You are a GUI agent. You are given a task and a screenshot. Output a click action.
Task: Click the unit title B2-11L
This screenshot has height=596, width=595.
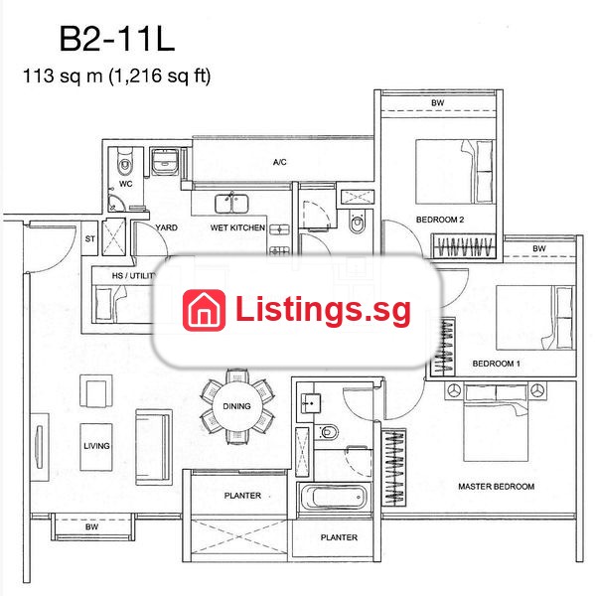tap(117, 39)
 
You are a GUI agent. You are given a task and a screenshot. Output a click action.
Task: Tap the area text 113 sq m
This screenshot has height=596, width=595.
tap(63, 75)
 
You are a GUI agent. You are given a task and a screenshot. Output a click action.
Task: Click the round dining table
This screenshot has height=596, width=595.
tap(236, 406)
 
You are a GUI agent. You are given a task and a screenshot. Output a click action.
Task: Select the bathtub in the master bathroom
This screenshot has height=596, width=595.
tap(334, 498)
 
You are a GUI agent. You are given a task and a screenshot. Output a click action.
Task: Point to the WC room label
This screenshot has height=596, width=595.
tap(126, 184)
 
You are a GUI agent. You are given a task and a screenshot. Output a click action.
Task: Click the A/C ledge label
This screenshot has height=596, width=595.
tap(280, 162)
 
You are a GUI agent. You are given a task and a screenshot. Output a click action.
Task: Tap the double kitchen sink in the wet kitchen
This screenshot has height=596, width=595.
tap(231, 204)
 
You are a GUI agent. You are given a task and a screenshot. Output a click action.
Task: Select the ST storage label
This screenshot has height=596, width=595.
tap(90, 238)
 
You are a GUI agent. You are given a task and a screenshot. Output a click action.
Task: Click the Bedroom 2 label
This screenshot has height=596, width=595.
tap(440, 220)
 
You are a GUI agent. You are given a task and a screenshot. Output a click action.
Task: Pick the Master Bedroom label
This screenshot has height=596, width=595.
tap(496, 486)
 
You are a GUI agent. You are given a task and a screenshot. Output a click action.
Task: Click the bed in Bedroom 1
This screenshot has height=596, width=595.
tap(534, 318)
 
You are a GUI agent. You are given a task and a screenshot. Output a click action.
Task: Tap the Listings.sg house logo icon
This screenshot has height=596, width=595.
tap(204, 310)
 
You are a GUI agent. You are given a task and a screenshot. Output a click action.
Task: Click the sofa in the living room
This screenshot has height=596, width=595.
tap(153, 447)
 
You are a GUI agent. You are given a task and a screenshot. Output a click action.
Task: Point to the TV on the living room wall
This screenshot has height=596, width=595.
tap(39, 447)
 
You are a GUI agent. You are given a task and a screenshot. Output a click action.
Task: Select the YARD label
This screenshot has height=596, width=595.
tap(167, 227)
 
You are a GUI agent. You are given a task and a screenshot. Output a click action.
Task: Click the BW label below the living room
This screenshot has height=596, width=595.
tap(92, 526)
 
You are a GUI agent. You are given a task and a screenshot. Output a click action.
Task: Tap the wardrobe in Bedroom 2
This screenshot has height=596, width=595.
tap(463, 246)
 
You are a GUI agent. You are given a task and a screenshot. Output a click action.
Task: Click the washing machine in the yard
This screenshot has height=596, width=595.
tap(165, 161)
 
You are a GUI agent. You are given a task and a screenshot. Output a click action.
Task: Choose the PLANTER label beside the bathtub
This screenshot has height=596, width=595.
tap(339, 537)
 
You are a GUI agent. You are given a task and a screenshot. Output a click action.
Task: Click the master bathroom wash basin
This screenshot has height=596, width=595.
tap(311, 402)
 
